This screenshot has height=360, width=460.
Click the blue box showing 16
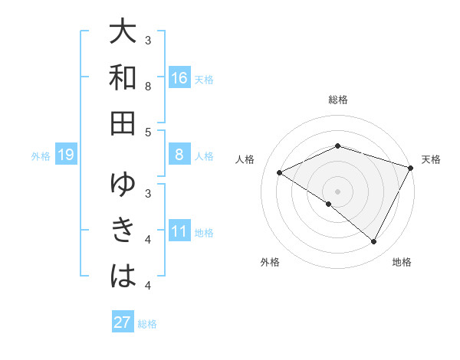point(179,78)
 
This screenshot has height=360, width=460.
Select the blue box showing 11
point(179,232)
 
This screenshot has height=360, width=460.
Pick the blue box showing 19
point(66,155)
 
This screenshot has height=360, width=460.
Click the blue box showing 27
point(122,322)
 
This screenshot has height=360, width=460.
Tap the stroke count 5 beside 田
point(149,132)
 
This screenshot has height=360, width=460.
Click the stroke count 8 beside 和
point(149,87)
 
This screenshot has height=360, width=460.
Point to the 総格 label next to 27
point(147,324)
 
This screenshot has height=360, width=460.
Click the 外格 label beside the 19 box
point(41,156)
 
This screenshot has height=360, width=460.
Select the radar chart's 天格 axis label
point(431,159)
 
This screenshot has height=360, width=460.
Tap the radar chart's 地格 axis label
point(402,262)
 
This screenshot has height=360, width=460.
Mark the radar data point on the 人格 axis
point(280,173)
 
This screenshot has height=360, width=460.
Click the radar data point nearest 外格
point(329,204)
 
